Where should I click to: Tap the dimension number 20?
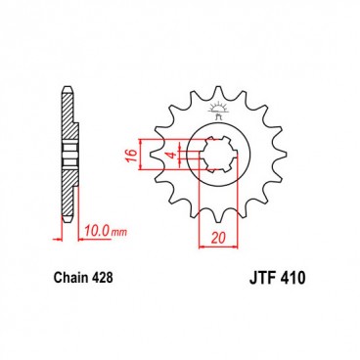(218, 239)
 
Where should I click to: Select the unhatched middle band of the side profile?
(67, 156)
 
